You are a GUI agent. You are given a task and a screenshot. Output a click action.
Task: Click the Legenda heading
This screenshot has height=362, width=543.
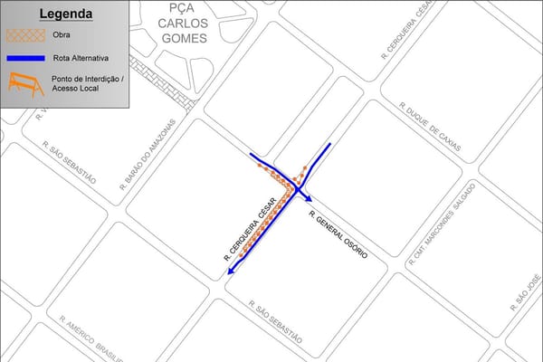coord(65,14)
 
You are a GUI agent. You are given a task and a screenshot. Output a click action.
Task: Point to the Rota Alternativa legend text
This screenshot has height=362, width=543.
coord(87,58)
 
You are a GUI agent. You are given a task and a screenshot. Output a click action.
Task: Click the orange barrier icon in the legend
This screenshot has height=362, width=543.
coord(25,85)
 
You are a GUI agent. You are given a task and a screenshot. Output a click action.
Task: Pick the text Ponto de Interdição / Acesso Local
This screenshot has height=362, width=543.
coord(90,84)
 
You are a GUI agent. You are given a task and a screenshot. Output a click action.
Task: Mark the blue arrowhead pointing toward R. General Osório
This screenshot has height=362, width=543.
coord(309,198)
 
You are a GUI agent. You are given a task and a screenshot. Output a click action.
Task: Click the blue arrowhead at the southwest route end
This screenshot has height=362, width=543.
coord(233,270)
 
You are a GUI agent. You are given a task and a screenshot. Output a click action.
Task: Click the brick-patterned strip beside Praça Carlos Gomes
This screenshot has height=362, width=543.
coord(165,84)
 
